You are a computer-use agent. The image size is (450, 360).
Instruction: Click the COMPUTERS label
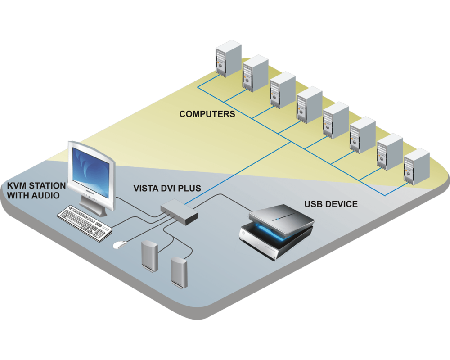pyautogui.click(x=207, y=114)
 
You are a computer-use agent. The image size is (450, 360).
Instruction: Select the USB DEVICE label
pyautogui.click(x=331, y=204)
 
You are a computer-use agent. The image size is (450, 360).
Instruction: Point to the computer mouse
pyautogui.click(x=119, y=245)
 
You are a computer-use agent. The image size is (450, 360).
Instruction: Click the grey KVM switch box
pyautogui.click(x=180, y=212)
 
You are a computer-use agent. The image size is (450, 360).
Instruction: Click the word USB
pyautogui.click(x=313, y=204)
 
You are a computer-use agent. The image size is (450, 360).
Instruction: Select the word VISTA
pyautogui.click(x=145, y=188)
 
